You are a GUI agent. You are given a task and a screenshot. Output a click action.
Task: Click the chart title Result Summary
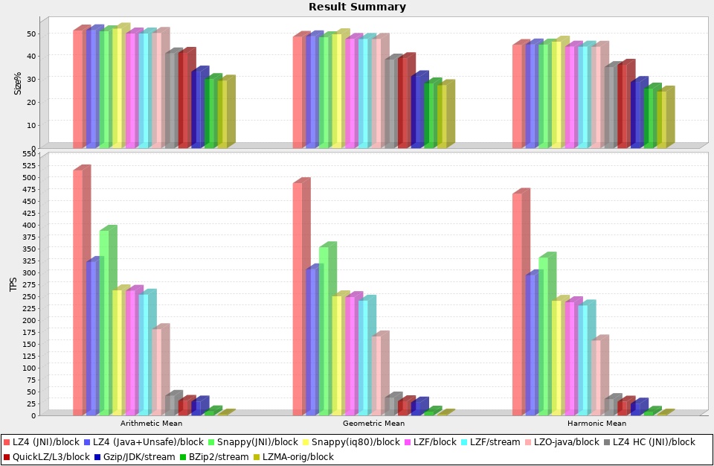tap(357, 7)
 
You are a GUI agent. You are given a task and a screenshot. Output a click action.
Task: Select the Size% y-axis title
tap(18, 83)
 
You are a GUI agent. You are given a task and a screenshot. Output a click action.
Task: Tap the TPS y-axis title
tap(13, 284)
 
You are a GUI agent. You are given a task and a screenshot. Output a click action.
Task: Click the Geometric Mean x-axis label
tap(373, 423)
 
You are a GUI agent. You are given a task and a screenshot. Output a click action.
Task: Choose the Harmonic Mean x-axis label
tap(596, 423)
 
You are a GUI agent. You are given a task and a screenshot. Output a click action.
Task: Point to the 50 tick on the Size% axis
tap(32, 33)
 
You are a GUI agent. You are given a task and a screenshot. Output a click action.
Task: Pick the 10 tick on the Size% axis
tap(32, 124)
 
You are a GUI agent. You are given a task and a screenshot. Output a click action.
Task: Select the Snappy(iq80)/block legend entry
tap(349, 442)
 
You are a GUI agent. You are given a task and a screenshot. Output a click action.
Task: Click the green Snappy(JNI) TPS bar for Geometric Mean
tap(324, 331)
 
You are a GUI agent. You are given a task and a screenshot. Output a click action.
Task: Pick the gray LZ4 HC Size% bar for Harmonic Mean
tap(610, 107)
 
